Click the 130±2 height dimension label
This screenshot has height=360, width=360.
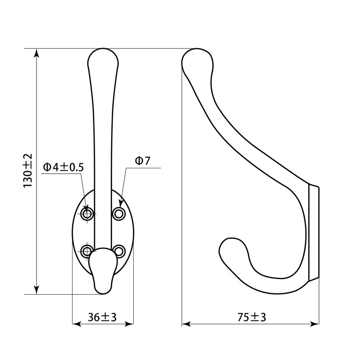pyautogui.click(x=28, y=170)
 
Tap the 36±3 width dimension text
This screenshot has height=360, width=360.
pyautogui.click(x=102, y=317)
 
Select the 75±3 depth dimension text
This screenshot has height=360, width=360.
pyautogui.click(x=252, y=317)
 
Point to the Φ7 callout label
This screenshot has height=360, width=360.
pyautogui.click(x=142, y=161)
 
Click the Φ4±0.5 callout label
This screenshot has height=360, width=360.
pyautogui.click(x=63, y=167)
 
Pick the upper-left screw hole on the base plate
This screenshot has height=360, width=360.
pyautogui.click(x=87, y=213)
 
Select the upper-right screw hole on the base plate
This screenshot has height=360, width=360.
pyautogui.click(x=119, y=213)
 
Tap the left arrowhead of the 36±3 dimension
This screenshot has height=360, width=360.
pyautogui.click(x=76, y=323)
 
